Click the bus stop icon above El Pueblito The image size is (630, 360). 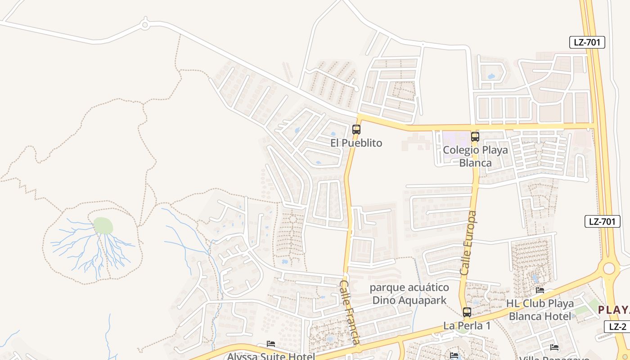click(356, 130)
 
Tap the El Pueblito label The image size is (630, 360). click(356, 143)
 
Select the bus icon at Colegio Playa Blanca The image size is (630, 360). click(475, 137)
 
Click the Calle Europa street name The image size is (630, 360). click(468, 243)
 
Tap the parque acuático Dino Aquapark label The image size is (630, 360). click(409, 294)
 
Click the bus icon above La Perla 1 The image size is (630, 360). click(467, 312)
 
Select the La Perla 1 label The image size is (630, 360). click(467, 325)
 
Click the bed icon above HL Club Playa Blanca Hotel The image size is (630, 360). click(540, 290)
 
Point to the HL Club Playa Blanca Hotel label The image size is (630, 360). click(540, 310)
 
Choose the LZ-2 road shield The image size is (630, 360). click(617, 327)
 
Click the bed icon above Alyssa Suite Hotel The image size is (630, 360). click(271, 344)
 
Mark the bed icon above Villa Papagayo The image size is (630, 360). click(554, 347)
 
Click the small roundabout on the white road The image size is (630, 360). click(145, 25)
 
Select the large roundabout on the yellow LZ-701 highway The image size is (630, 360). click(609, 269)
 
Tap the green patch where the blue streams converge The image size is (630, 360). click(103, 225)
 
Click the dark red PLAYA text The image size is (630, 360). click(614, 310)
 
